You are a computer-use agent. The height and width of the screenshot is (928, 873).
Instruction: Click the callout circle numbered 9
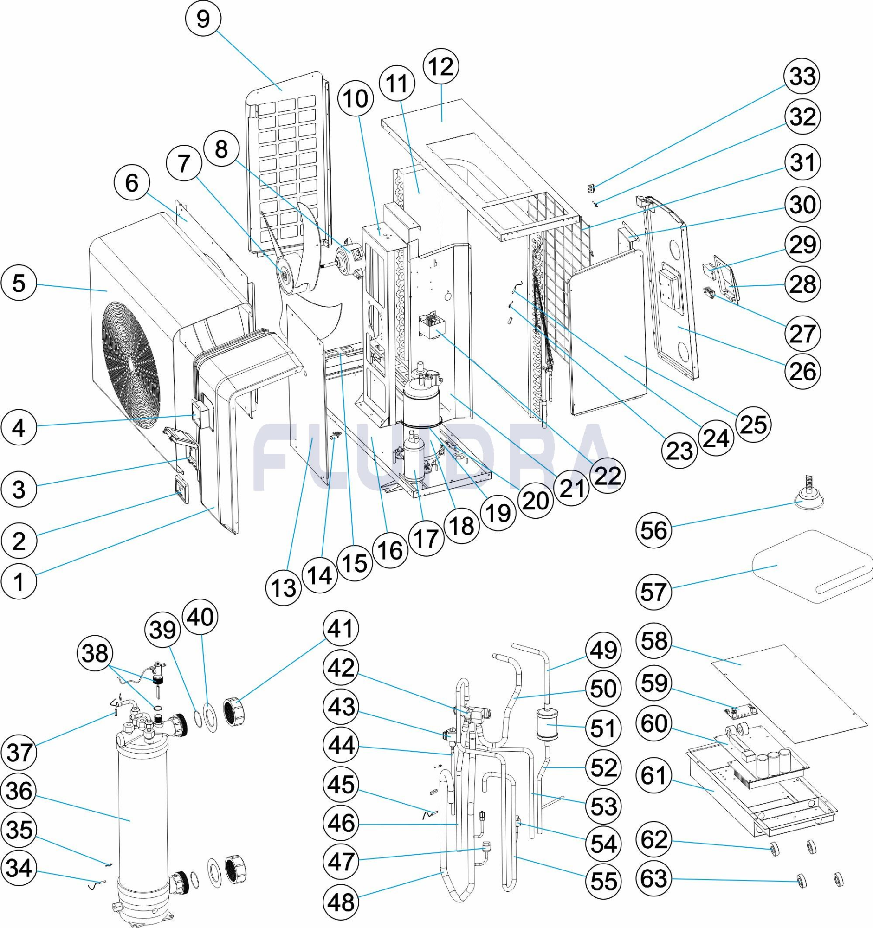tap(203, 19)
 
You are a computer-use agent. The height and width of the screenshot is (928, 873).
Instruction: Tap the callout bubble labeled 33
tap(802, 77)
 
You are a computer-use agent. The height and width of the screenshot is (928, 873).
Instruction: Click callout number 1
tap(19, 582)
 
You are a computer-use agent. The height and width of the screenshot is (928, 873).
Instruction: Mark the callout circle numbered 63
tap(653, 879)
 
